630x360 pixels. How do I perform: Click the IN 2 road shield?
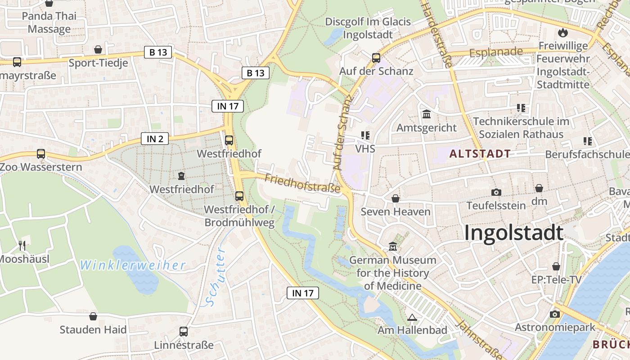155,139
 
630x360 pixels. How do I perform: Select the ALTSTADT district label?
480,154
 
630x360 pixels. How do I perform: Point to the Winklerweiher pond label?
133,265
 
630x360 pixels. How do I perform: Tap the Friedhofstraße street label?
302,184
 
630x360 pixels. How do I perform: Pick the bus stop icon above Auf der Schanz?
376,58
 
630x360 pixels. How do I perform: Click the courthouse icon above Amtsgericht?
427,114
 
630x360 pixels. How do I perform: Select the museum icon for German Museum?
393,247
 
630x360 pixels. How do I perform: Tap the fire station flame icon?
562,32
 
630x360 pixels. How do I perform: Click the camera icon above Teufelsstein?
496,192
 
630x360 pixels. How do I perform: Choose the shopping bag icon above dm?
539,188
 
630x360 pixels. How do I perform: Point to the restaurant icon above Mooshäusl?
22,245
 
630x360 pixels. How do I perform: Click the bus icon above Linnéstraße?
184,332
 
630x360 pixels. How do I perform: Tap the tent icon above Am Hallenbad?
412,317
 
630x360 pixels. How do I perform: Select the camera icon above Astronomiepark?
555,314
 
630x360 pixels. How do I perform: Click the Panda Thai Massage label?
49,22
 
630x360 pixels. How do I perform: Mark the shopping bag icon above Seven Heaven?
396,198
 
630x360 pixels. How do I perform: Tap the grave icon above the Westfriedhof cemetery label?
181,175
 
